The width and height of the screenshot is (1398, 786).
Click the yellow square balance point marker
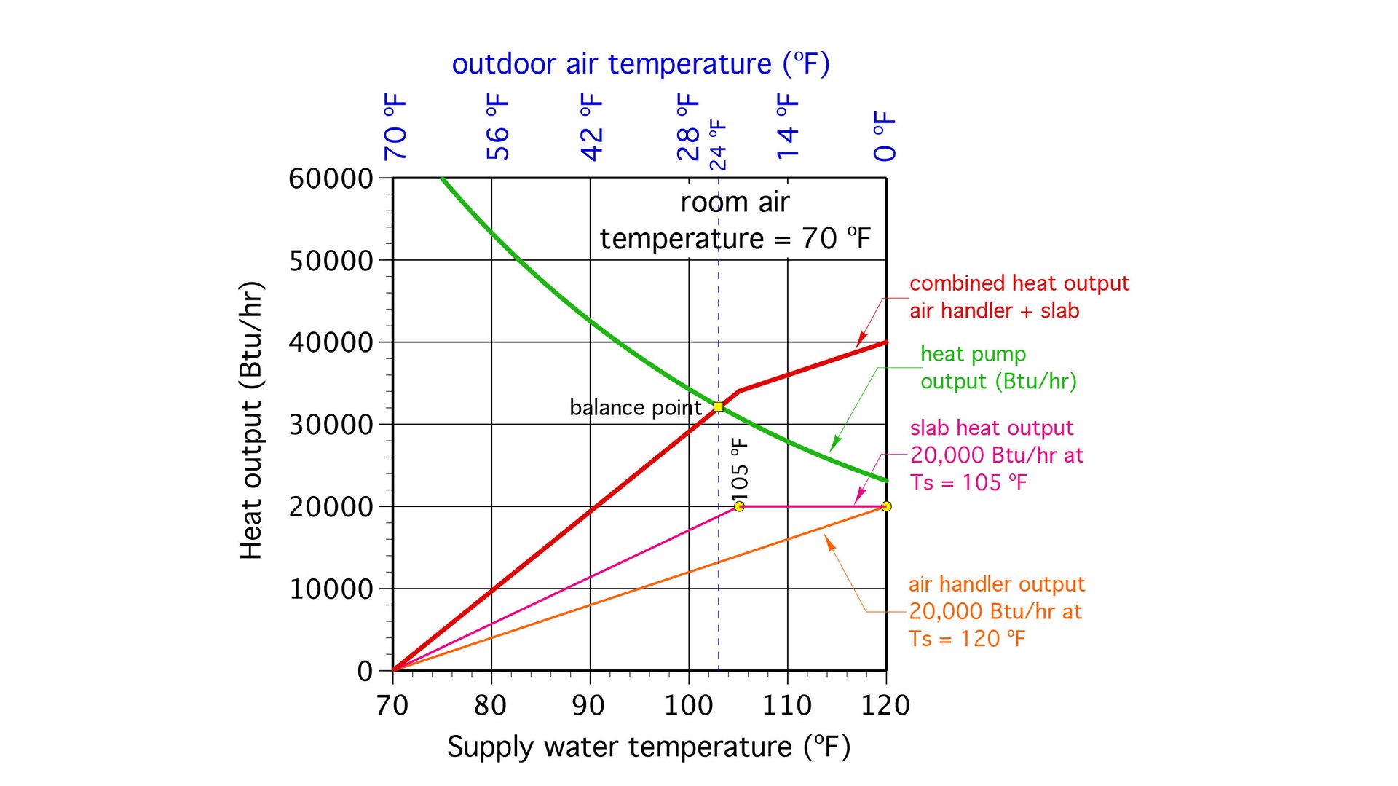(718, 406)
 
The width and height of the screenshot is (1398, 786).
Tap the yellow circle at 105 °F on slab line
(739, 506)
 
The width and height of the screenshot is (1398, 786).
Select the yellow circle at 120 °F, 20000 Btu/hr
(886, 506)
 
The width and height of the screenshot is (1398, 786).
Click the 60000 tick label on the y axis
(331, 178)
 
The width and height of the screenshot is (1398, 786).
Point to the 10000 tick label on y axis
(331, 589)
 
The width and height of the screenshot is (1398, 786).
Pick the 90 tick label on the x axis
(588, 705)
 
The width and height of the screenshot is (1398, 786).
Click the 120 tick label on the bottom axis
(885, 705)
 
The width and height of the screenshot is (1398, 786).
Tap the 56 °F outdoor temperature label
(498, 127)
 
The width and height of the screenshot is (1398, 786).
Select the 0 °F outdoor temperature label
(885, 136)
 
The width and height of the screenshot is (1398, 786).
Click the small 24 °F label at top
(718, 145)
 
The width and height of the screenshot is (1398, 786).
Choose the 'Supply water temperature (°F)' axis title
(648, 747)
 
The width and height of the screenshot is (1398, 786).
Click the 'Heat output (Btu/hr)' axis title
(250, 420)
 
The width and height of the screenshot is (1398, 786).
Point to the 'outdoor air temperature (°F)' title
(640, 64)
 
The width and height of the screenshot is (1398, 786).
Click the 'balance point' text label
(635, 407)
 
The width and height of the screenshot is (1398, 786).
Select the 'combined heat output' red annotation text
(1019, 283)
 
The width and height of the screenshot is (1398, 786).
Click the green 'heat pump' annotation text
(973, 354)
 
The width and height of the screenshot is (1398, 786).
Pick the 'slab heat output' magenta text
(991, 428)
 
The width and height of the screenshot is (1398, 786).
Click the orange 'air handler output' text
(996, 584)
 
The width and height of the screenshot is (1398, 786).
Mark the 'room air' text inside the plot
(734, 203)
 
